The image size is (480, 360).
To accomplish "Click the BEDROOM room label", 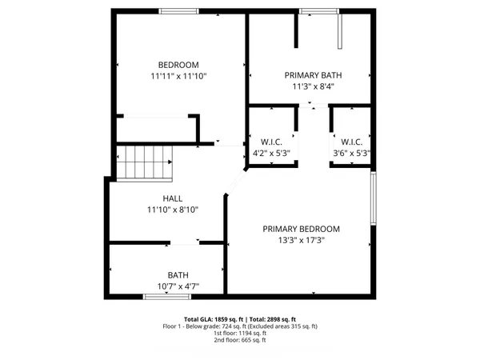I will point(178,65).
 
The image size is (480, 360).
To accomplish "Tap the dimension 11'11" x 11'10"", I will point(178,77).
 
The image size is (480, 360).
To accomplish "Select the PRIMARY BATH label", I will point(310,74).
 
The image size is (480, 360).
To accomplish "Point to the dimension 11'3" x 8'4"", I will point(310,86).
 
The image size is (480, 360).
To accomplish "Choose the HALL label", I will point(173,198).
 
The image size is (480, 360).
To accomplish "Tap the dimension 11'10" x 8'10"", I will point(173,210).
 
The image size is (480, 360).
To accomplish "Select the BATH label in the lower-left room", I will point(178,274).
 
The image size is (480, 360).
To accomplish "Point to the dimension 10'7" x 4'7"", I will point(178,286).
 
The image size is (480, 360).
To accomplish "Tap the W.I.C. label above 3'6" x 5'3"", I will point(351,142).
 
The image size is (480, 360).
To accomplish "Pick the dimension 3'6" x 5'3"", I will point(351,153).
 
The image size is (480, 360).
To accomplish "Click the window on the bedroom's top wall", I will point(178,11).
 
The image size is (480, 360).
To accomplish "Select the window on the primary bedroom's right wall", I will point(373,198).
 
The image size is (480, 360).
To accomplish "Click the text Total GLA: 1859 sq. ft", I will point(210,319).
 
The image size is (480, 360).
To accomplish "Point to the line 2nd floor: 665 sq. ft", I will point(240,341).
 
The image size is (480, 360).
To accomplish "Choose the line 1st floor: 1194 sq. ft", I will point(240,334).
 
